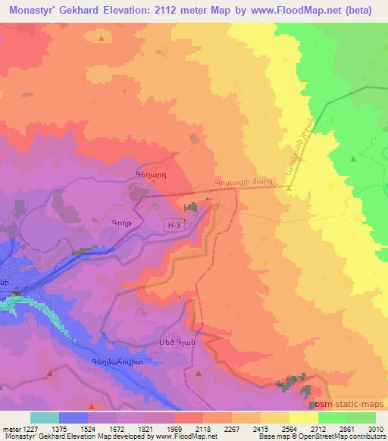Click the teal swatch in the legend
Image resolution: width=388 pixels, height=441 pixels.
click(45, 418)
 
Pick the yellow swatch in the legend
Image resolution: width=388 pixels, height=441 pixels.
click(304, 418)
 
